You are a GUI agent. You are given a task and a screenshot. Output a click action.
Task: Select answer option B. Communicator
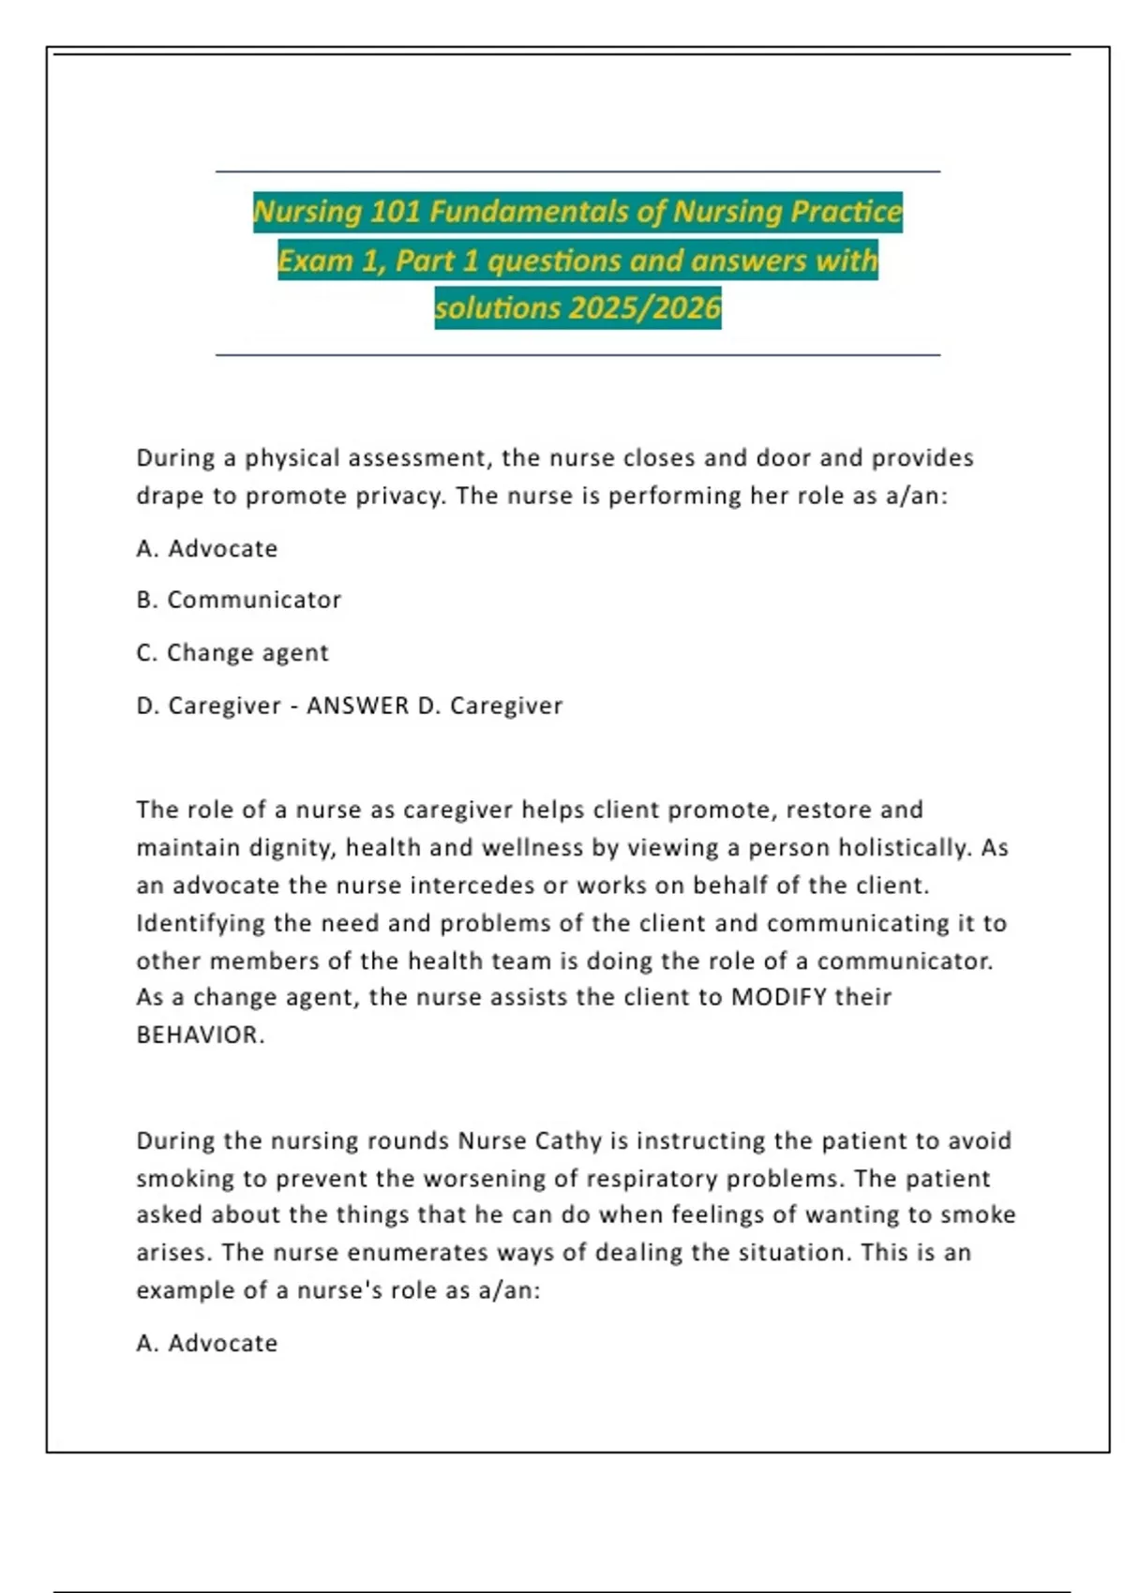point(239,600)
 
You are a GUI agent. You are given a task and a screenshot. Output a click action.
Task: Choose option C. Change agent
point(232,652)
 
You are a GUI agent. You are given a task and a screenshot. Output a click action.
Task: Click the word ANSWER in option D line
point(357,706)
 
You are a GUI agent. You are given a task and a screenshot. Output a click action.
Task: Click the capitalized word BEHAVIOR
point(200,1035)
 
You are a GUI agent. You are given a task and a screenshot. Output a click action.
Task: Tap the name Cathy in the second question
point(568,1140)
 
